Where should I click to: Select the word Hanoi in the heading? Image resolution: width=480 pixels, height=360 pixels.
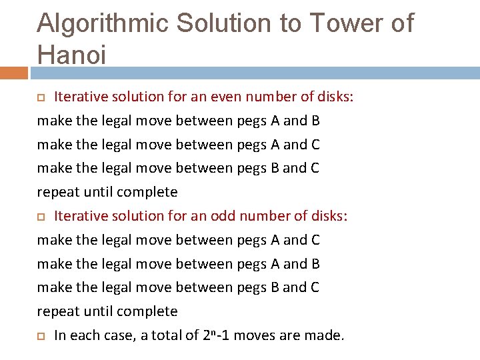(x=71, y=55)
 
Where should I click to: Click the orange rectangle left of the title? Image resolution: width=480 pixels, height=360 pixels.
(x=13, y=73)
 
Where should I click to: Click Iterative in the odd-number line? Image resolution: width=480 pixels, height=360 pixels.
(x=81, y=216)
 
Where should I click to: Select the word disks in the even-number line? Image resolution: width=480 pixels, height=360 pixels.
(x=335, y=97)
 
